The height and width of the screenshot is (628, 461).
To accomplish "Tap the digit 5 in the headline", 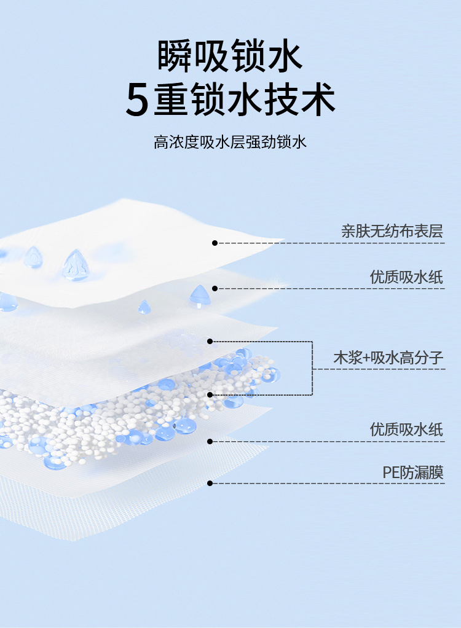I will pyautogui.click(x=137, y=100).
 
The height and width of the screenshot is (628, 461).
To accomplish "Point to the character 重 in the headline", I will pyautogui.click(x=174, y=99).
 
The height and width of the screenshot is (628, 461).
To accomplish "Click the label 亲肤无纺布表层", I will pyautogui.click(x=392, y=231).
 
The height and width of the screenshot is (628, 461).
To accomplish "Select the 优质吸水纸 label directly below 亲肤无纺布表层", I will pyautogui.click(x=406, y=277).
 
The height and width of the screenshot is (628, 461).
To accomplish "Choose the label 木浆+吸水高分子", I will pyautogui.click(x=388, y=358).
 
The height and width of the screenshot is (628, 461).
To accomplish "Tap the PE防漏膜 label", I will pyautogui.click(x=413, y=472).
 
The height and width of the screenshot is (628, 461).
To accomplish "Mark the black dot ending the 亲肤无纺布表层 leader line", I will pyautogui.click(x=215, y=243).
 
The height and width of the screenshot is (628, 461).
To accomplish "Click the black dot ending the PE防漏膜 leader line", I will pyautogui.click(x=210, y=483).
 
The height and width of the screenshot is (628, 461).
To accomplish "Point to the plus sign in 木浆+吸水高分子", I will pyautogui.click(x=368, y=358).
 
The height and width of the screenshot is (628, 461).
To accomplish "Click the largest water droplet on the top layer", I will pyautogui.click(x=75, y=265).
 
